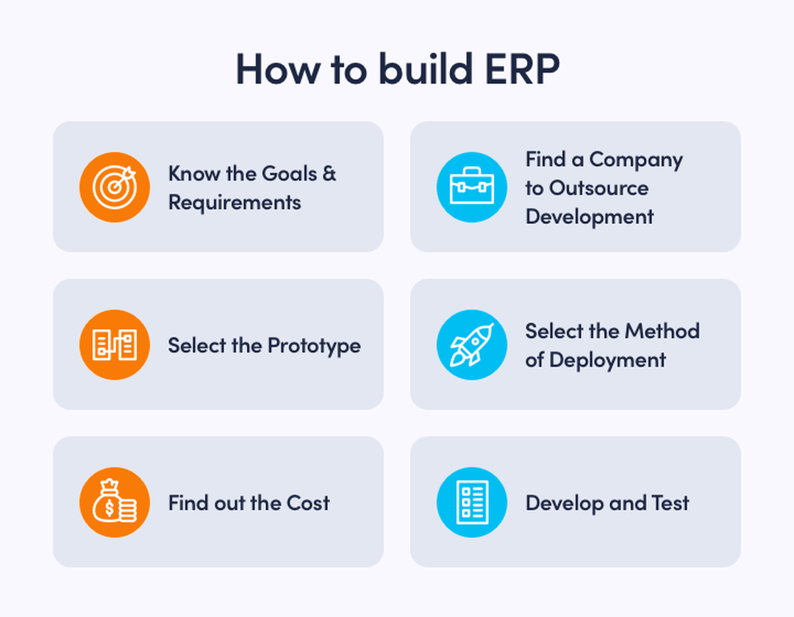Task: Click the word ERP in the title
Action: [522, 69]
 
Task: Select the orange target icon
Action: [115, 187]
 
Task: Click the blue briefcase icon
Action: [472, 187]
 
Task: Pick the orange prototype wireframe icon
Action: [115, 345]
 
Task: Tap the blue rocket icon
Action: [472, 345]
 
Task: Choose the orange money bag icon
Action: [115, 502]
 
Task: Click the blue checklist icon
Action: [472, 502]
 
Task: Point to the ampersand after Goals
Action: [329, 173]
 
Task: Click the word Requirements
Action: [235, 203]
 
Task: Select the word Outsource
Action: [599, 188]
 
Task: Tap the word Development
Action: [590, 217]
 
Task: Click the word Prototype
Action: [314, 346]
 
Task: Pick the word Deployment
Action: [608, 361]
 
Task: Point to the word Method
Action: [663, 331]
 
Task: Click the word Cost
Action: [308, 503]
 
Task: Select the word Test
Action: [670, 503]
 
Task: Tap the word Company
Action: [636, 160]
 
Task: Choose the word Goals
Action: [289, 173]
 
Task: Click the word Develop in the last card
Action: [565, 504]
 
